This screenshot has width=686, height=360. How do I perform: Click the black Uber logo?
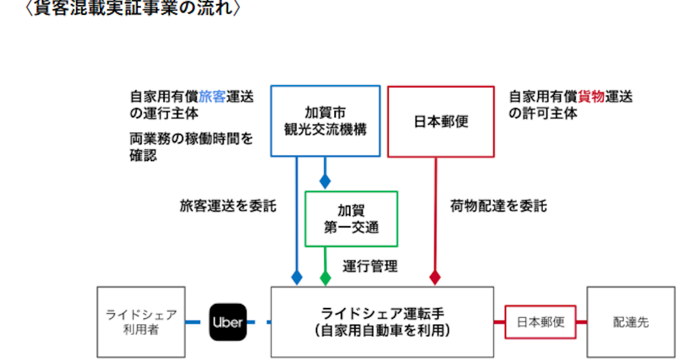tap(228, 322)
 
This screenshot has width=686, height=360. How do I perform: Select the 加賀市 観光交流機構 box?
tap(325, 121)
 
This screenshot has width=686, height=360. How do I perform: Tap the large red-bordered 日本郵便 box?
tap(440, 121)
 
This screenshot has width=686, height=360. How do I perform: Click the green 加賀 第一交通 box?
tap(351, 219)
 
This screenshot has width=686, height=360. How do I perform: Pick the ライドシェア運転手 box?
tap(382, 322)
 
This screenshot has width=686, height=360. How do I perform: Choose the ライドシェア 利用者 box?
tap(141, 322)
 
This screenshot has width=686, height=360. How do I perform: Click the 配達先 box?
tap(631, 322)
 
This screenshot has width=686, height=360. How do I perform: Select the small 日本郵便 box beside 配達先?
tap(540, 322)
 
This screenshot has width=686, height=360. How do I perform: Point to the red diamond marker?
tap(435, 278)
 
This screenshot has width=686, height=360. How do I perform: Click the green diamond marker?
tap(325, 278)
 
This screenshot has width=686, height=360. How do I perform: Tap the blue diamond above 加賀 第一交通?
tap(325, 181)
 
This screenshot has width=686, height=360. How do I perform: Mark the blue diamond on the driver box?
tap(297, 278)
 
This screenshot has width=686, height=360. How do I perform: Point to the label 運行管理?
tap(370, 266)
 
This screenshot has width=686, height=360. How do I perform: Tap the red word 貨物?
tap(591, 97)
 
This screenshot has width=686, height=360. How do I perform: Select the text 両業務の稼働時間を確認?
tap(192, 147)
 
